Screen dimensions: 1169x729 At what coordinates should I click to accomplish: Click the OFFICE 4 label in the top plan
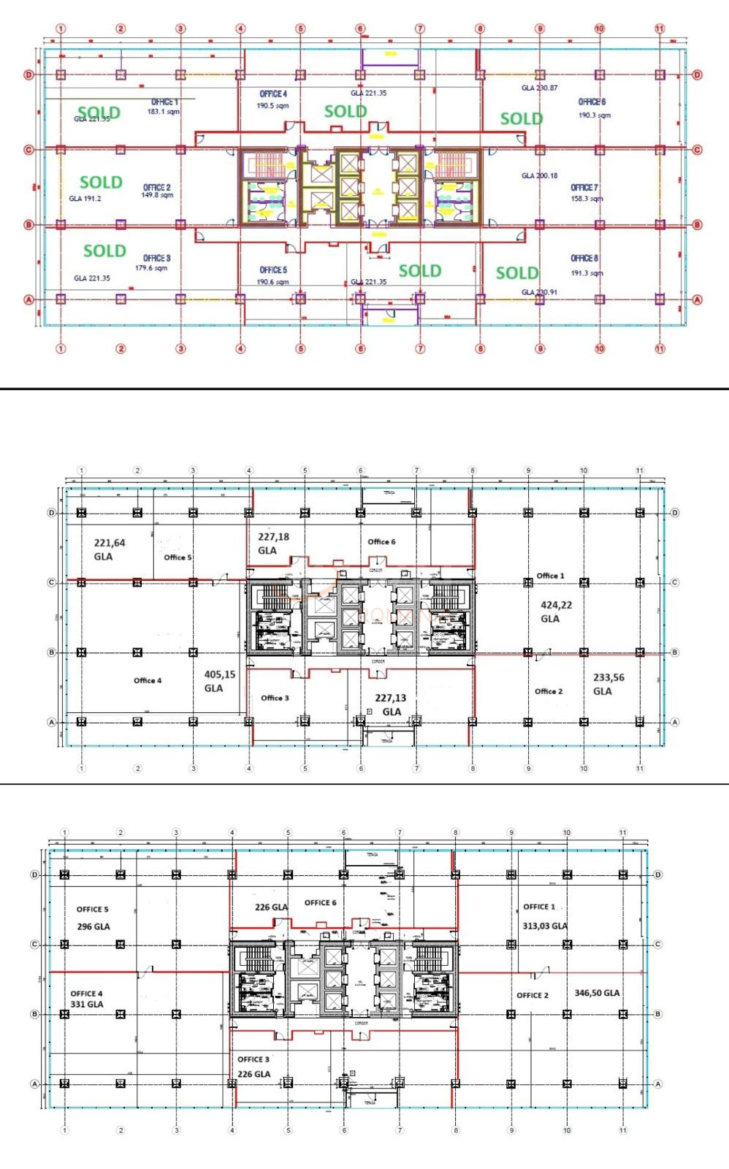click(x=273, y=94)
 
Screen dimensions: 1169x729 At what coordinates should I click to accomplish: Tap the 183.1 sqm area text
click(x=163, y=112)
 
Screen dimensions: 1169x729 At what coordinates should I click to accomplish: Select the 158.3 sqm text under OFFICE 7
click(x=587, y=199)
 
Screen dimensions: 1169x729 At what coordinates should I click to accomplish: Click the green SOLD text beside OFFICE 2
click(x=101, y=182)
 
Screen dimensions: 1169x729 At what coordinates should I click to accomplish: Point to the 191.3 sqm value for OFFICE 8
click(x=587, y=273)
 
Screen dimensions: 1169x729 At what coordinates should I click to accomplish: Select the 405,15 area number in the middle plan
click(x=219, y=674)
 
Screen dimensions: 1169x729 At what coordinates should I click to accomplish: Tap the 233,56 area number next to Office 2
click(x=608, y=677)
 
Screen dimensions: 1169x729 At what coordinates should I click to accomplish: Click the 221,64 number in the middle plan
click(x=110, y=543)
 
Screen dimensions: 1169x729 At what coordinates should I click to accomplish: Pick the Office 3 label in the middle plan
click(x=275, y=698)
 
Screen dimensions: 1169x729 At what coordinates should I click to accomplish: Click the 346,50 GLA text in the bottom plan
click(x=597, y=993)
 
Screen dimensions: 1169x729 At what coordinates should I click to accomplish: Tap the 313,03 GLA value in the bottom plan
click(x=545, y=926)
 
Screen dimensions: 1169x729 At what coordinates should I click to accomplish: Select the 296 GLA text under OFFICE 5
click(x=93, y=926)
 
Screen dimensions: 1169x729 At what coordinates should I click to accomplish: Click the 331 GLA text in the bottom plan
click(x=87, y=1004)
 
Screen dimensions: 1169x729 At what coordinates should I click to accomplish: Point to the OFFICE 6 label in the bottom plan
click(x=320, y=902)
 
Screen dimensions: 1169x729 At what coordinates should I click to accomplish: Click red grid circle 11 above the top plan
click(x=660, y=28)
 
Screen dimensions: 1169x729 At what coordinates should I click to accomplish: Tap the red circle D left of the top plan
click(x=29, y=75)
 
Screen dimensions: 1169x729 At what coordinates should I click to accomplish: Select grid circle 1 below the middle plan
click(x=81, y=768)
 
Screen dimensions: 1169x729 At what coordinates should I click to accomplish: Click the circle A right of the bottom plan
click(x=657, y=1084)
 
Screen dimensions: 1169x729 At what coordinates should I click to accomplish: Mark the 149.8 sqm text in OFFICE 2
click(x=157, y=195)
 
